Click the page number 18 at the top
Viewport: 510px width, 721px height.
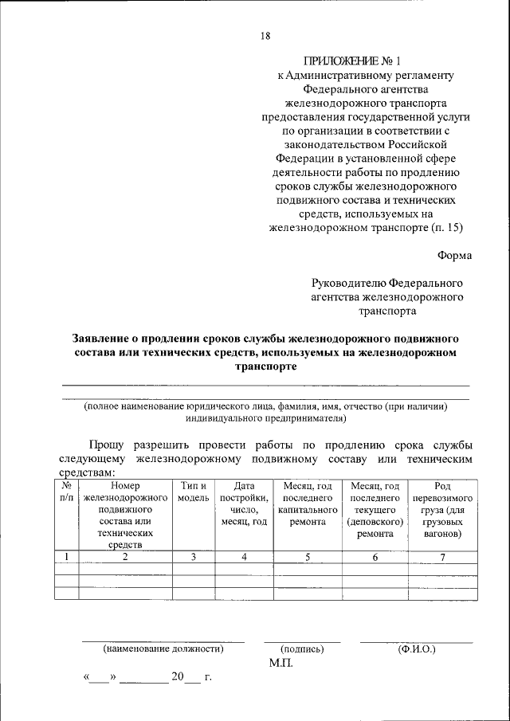click(x=265, y=35)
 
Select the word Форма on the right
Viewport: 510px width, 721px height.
click(x=454, y=255)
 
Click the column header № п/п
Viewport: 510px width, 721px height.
click(x=66, y=492)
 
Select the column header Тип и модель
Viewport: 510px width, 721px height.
click(x=194, y=492)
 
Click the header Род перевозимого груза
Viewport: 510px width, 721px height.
click(x=442, y=510)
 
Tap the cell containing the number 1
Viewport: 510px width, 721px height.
click(x=66, y=557)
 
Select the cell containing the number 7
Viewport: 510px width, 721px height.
click(x=442, y=557)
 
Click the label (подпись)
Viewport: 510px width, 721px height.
click(x=302, y=649)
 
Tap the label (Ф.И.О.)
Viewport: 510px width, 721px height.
click(x=416, y=649)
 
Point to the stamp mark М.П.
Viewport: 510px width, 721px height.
click(x=281, y=663)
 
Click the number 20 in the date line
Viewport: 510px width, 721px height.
click(x=176, y=678)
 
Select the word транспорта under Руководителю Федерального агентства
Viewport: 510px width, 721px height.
click(x=387, y=312)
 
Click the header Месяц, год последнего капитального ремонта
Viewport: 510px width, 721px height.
click(x=308, y=504)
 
